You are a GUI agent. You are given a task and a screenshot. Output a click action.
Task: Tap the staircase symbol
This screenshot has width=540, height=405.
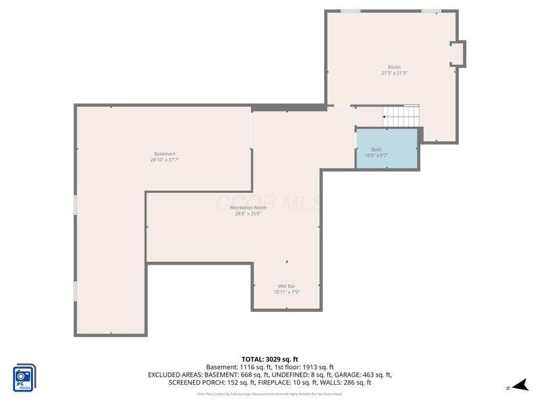[x=401, y=116]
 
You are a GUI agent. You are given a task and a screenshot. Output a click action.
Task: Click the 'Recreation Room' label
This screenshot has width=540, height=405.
[x=248, y=207]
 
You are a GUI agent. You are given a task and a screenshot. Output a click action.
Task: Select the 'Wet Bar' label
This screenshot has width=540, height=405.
[x=286, y=286]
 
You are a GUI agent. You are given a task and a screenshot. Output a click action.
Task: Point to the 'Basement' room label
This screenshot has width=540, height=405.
[x=164, y=154]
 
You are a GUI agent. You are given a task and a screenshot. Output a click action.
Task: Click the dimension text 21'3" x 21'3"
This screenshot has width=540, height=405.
[x=394, y=73]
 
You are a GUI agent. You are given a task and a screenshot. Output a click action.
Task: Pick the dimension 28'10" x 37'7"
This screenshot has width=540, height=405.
[x=164, y=161]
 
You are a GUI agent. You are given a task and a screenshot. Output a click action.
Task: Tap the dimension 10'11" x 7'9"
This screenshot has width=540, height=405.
[x=286, y=292]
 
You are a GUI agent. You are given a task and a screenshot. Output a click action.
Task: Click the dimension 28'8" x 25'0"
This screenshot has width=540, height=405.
[x=248, y=214]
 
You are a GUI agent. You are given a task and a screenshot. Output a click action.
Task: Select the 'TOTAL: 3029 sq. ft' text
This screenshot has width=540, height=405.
[x=270, y=358]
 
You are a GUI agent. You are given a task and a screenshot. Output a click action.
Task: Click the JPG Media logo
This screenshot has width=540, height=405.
[x=25, y=378]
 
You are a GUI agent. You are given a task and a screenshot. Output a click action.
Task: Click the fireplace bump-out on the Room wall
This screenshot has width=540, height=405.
[x=457, y=53]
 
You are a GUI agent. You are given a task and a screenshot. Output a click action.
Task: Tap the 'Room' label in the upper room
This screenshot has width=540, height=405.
[x=394, y=67]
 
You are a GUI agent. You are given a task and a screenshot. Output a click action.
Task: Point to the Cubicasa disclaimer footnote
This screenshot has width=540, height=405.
[x=270, y=394]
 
